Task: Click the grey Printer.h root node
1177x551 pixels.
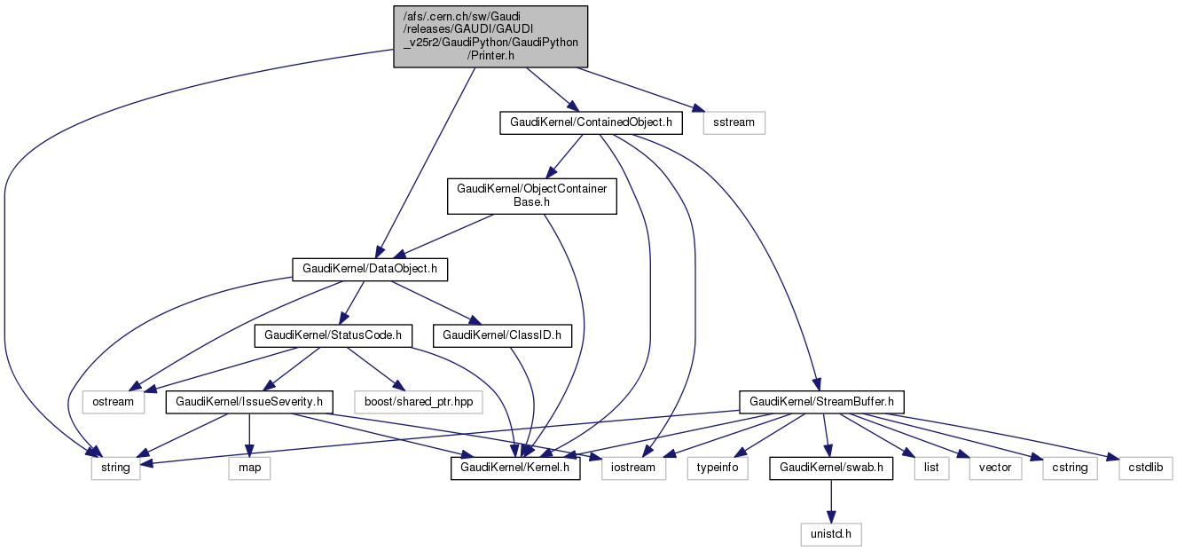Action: point(490,35)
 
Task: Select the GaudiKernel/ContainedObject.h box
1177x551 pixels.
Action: point(591,122)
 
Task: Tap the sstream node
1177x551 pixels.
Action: point(734,122)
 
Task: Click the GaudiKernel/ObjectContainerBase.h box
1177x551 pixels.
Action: point(531,195)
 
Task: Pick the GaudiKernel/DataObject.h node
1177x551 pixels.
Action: point(370,269)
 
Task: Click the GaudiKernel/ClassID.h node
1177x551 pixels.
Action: point(501,335)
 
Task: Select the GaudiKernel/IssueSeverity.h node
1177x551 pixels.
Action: point(249,402)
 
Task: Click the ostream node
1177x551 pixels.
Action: point(114,402)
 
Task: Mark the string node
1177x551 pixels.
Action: point(115,468)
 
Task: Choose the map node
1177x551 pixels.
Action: point(249,468)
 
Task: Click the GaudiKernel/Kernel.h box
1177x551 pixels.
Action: point(515,468)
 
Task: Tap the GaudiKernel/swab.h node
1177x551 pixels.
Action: point(831,468)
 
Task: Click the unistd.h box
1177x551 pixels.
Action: point(831,534)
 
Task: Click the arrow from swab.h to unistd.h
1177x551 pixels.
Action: point(831,500)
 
